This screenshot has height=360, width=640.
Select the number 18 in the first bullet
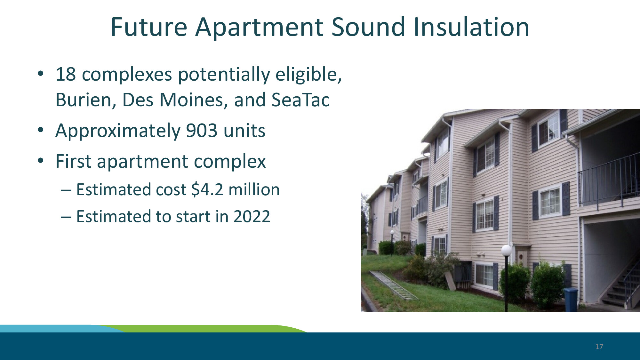(x=66, y=74)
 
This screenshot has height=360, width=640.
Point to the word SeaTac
(x=300, y=100)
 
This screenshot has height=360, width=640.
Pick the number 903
(x=202, y=131)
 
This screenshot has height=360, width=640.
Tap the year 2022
(x=252, y=217)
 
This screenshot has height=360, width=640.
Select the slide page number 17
(x=599, y=347)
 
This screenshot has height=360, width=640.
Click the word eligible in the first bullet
(x=308, y=75)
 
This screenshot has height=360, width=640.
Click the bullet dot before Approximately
(x=40, y=130)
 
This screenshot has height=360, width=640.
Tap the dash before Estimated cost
(x=66, y=190)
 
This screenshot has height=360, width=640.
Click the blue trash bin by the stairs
(x=571, y=300)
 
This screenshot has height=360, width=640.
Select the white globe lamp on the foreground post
(x=506, y=250)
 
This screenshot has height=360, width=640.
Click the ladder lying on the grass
(x=394, y=285)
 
